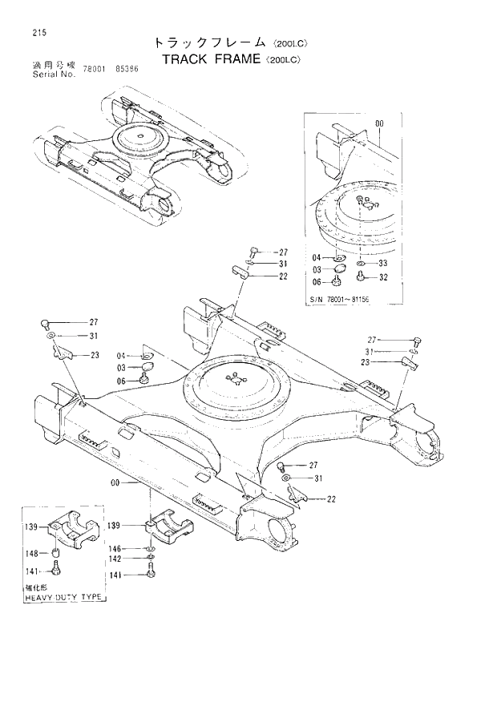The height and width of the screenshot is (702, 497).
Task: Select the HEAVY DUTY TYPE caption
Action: (64, 598)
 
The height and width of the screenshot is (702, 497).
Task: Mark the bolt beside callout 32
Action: (361, 276)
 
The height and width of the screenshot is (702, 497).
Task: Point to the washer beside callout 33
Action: (361, 263)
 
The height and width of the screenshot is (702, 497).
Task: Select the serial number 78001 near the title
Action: (95, 69)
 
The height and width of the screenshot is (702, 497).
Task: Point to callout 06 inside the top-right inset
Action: (317, 282)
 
